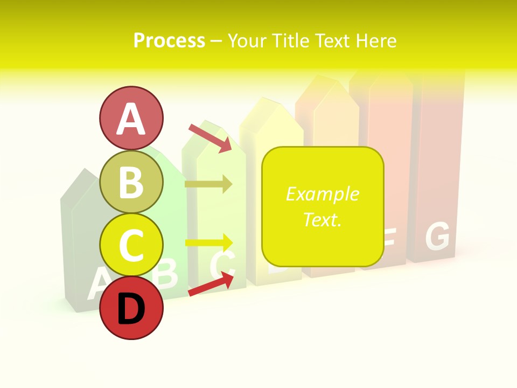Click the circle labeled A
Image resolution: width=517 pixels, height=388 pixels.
pos(131,118)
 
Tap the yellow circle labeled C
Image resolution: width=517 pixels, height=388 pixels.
pos(131,245)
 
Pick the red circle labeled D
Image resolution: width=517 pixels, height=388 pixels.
pos(131,308)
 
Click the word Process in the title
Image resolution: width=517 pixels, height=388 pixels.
pos(169,41)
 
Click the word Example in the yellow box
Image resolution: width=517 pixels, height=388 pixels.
pos(322,194)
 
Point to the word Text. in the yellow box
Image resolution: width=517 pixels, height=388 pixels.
pos(322,219)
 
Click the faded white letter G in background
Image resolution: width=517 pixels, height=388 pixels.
pos(437,237)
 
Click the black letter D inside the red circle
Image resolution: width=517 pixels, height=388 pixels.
pos(131,309)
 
